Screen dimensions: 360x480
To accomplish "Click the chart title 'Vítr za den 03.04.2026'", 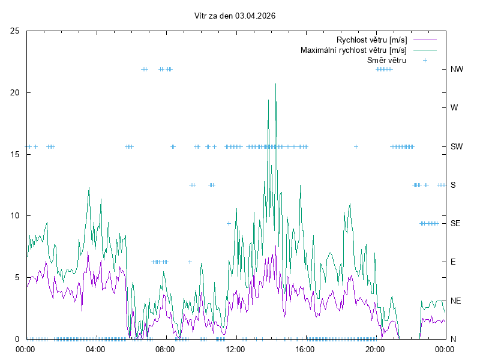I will tap(235, 16).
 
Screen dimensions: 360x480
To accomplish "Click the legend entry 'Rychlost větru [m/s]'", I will tap(371, 40).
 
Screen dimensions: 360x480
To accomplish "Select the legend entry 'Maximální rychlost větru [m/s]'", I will tap(353, 50).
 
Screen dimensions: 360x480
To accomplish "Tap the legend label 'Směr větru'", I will tap(386, 60).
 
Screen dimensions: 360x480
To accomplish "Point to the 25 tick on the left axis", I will tap(15, 31).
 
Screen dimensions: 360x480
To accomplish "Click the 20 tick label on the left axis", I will tap(15, 93).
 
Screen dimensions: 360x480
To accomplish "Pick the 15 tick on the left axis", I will tap(15, 154).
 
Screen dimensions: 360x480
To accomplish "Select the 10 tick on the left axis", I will tap(15, 216).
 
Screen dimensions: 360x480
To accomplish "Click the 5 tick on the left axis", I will tap(17, 277).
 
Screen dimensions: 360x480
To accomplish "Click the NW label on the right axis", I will tap(457, 70).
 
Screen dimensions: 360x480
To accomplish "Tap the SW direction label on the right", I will tap(457, 146).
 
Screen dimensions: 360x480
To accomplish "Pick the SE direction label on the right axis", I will tap(456, 223).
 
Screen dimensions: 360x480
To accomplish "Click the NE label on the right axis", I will tap(456, 301).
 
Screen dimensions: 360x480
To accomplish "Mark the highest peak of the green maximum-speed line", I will tap(276, 84).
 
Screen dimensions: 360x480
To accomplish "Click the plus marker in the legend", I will tap(425, 60).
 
